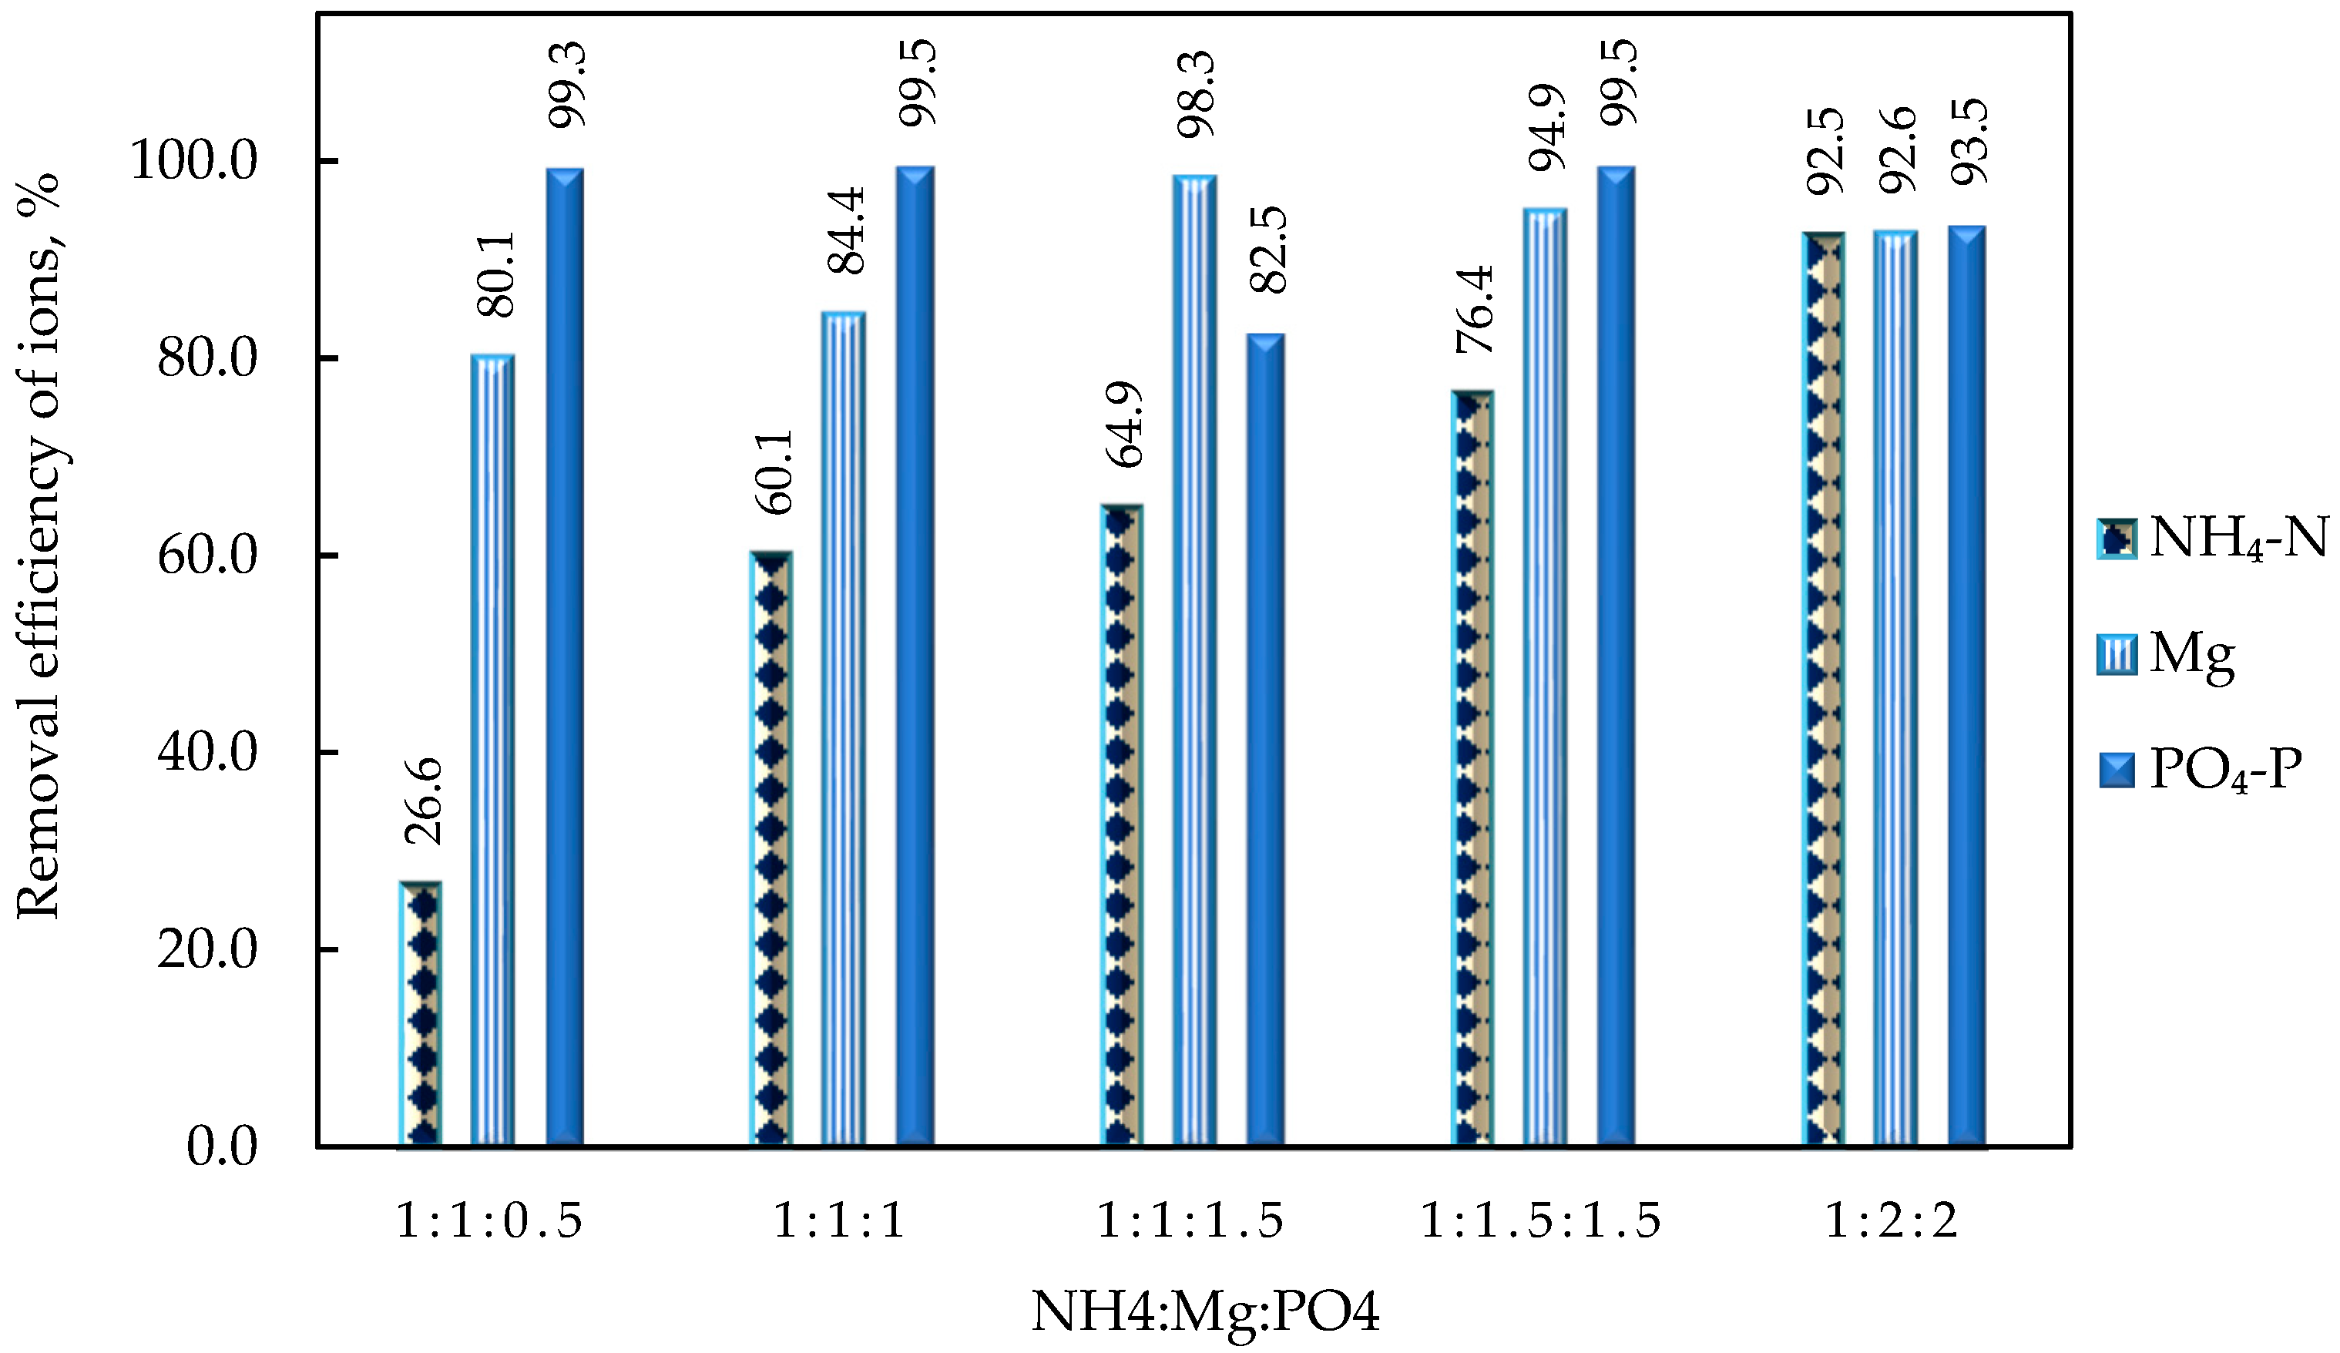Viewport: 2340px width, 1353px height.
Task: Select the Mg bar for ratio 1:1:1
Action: (x=843, y=729)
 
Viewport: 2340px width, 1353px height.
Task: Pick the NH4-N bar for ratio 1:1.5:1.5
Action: (x=1472, y=768)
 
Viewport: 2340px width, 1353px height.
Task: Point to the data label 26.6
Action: (x=425, y=801)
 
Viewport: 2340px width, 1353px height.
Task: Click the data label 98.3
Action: (x=1196, y=95)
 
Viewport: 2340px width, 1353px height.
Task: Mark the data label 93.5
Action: (x=1969, y=141)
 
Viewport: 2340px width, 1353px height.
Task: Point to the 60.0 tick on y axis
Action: (x=207, y=556)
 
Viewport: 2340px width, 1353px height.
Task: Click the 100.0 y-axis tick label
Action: (x=193, y=161)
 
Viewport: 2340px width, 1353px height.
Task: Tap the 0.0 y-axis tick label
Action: (x=222, y=1147)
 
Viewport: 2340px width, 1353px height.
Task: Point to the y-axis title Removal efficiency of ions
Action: (x=39, y=548)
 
